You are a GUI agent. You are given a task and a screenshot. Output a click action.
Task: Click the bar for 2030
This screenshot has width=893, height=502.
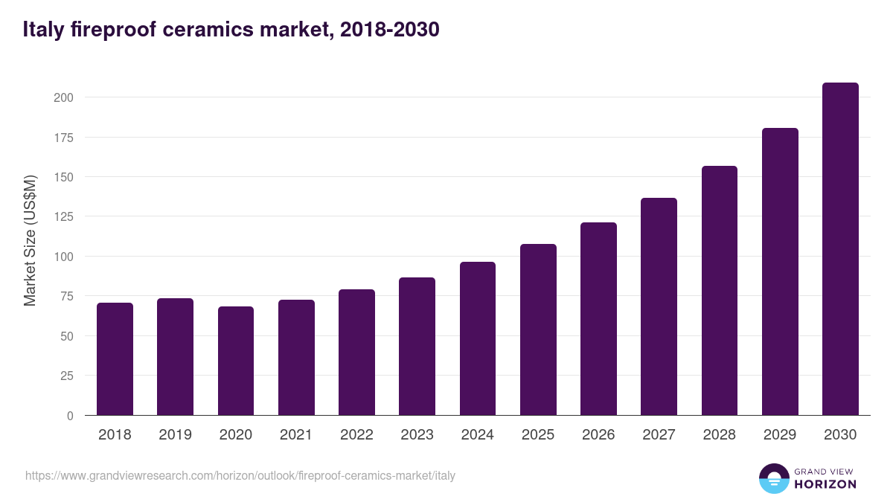point(840,249)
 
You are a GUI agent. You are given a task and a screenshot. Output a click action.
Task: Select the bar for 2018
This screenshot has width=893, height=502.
point(115,359)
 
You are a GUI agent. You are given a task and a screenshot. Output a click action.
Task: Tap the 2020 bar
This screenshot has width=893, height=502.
point(236,361)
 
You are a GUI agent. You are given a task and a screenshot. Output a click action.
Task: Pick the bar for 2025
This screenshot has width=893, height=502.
point(538,329)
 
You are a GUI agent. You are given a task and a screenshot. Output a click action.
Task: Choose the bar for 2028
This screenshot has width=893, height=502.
point(720,291)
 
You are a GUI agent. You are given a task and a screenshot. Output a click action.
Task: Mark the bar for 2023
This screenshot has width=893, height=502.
point(417,347)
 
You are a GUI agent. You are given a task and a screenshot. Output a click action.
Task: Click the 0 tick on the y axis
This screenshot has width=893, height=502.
point(70,416)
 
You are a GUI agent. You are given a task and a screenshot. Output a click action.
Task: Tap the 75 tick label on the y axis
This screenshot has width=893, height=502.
point(66,296)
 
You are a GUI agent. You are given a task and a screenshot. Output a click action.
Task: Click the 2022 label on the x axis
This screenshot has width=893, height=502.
point(356,435)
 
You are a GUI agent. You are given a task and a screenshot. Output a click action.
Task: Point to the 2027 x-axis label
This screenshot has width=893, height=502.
point(659,435)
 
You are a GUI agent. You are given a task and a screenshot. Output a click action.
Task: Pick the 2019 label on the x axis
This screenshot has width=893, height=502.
point(175,435)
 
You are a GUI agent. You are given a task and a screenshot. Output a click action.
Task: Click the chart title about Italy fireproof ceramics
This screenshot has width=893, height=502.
point(231,30)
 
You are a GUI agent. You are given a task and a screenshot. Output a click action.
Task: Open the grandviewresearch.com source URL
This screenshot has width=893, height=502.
point(240,475)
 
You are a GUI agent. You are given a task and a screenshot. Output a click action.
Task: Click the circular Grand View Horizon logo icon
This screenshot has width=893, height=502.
point(774,478)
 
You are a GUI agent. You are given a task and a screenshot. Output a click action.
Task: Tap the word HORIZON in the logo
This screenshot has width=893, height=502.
point(825,484)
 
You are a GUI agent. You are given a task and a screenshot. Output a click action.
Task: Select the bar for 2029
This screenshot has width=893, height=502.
point(780,271)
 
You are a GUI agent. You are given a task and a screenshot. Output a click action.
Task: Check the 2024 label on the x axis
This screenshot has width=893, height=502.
point(477,435)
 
